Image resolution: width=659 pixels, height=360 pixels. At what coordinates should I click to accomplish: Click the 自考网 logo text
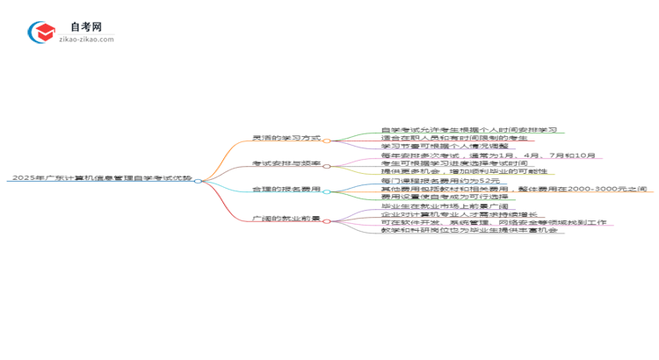tap(85, 27)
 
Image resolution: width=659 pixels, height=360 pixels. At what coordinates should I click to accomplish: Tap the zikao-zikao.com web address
tap(86, 40)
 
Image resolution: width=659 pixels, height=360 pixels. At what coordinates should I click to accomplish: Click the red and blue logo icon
tap(41, 33)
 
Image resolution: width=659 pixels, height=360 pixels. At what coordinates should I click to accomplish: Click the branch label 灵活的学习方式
tap(286, 139)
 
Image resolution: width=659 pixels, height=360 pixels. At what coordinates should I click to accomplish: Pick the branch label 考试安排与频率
tap(286, 163)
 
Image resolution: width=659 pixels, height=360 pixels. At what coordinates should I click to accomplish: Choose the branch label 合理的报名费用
tap(286, 189)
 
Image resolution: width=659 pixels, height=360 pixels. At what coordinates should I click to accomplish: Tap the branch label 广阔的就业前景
tap(286, 219)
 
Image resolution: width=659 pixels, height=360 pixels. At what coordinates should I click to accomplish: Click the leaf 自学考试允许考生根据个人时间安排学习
tap(468, 130)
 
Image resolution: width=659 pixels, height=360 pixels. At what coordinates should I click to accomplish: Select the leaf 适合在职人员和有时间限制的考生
tap(454, 138)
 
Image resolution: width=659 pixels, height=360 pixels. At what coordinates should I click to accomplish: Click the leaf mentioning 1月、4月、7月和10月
tap(488, 155)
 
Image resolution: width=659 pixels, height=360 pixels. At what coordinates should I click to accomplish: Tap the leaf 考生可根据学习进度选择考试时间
tap(454, 163)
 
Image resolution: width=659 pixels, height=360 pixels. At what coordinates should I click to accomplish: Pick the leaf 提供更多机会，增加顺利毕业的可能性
tap(464, 171)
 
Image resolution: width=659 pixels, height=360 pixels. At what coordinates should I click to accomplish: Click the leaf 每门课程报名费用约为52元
tap(440, 180)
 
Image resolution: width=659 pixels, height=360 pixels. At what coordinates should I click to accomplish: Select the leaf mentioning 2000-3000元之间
tap(514, 189)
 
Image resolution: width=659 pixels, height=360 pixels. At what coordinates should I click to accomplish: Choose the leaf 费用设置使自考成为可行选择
tap(445, 197)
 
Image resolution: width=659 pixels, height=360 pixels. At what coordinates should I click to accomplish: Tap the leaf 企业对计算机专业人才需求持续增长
tap(459, 214)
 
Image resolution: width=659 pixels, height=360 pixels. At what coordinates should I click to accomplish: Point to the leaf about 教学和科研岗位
tap(470, 230)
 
